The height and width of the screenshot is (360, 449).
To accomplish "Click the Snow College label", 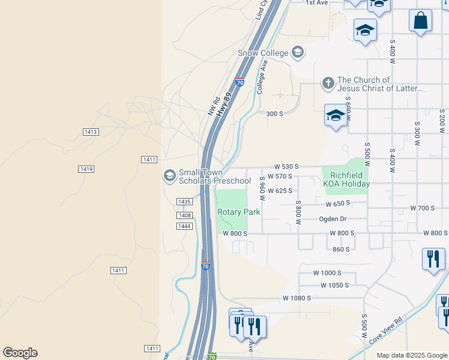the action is coord(263,53).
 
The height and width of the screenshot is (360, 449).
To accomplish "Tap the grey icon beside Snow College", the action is coord(297,53).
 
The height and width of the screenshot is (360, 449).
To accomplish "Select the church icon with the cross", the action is coord(328,83).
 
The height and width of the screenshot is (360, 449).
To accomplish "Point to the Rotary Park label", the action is coord(239,212).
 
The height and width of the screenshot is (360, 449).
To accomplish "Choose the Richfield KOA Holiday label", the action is coord(345,179).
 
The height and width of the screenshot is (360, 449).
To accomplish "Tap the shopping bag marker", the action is coord(421,20).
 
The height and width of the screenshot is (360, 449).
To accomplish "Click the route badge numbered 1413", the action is coord(90,131).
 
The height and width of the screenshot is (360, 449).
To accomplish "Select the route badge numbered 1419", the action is coord(86,170).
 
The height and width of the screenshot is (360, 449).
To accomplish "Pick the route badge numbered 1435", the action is coord(184,202).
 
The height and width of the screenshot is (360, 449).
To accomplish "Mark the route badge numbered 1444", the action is coord(184,226).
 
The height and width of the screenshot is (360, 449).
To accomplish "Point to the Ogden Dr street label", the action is coord(333,219).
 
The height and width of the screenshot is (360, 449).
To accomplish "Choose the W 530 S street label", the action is coord(286,166).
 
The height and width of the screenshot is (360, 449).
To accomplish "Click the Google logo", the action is coord(20,353).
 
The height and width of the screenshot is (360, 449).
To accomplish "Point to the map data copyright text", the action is coord(412,355).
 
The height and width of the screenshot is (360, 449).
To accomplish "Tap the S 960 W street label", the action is coord(262,188).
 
